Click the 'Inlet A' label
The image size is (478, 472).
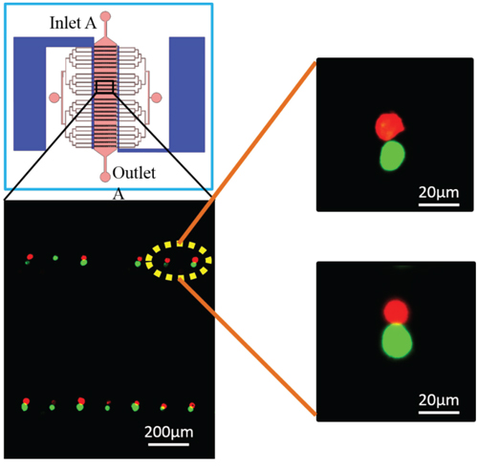[73, 23]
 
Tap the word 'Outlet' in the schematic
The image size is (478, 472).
[134, 173]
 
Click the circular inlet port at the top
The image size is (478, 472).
[105, 16]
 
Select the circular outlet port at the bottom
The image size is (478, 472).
[105, 177]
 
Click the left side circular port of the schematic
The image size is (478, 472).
[54, 97]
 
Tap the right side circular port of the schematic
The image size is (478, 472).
[157, 97]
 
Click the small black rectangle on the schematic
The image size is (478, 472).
[105, 87]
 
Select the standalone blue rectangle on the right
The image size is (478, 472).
[186, 95]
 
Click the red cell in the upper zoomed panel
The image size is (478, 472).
[389, 126]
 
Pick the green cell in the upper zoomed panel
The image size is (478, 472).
[392, 156]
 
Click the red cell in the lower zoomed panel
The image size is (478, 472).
[396, 311]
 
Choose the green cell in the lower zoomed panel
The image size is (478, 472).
[397, 341]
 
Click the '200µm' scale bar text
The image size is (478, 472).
[169, 433]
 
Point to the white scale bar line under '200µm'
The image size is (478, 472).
[168, 444]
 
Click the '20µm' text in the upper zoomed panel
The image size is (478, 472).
[439, 192]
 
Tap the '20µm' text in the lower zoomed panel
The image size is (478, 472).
[439, 400]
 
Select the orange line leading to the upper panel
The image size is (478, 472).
[248, 153]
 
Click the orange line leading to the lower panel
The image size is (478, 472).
[248, 347]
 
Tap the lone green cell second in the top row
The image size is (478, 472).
[55, 258]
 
